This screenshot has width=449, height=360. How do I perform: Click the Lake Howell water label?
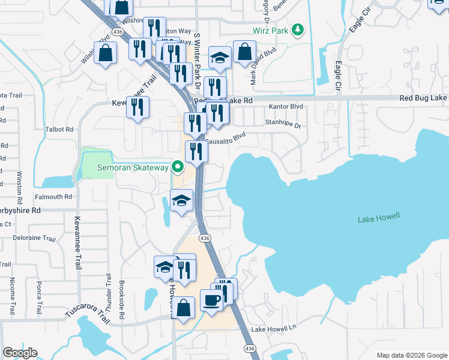(x=378, y=218)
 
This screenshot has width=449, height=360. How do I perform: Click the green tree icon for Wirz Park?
(x=297, y=30)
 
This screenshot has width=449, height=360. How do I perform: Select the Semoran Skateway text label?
(x=133, y=167)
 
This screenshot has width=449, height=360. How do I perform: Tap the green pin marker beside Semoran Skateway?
(x=177, y=167)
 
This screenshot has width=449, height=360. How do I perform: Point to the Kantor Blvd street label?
(x=286, y=107)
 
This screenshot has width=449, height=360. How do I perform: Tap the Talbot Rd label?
(x=59, y=129)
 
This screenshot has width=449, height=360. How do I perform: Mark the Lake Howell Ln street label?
(x=274, y=329)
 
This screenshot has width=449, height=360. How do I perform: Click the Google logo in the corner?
(x=20, y=353)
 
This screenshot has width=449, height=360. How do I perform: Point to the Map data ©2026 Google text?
(x=411, y=355)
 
